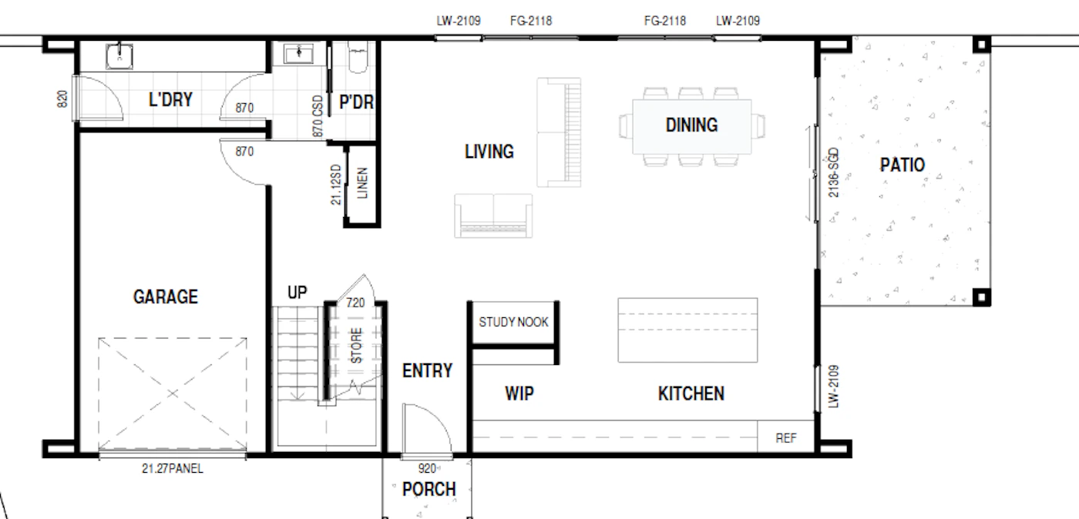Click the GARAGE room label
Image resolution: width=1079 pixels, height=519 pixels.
165,296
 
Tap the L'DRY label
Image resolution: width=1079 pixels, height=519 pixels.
170,99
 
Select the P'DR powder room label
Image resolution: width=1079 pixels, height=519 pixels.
356,102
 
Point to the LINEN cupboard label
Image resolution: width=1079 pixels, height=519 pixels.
363,183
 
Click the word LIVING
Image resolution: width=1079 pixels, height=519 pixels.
489,152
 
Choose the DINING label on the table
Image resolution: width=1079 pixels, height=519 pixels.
691,126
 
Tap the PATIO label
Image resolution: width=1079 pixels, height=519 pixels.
903,165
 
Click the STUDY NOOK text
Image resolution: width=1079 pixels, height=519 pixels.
513,322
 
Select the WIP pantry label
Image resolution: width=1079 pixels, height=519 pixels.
519,393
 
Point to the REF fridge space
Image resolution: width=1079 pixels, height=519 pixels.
785,438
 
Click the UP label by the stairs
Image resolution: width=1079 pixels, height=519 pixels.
297,293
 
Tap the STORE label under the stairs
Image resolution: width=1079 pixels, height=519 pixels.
356,346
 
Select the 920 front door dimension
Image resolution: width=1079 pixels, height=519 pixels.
427,468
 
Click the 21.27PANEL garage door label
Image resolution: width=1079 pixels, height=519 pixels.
173,468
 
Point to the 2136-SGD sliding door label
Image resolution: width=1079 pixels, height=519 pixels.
833,172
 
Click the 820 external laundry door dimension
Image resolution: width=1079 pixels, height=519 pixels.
62,99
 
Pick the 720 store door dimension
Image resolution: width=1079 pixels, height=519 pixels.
355,303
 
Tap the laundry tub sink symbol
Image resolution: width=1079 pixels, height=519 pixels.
119,56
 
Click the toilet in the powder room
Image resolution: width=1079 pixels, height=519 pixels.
358,57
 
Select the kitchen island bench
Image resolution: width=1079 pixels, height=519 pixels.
687,330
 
